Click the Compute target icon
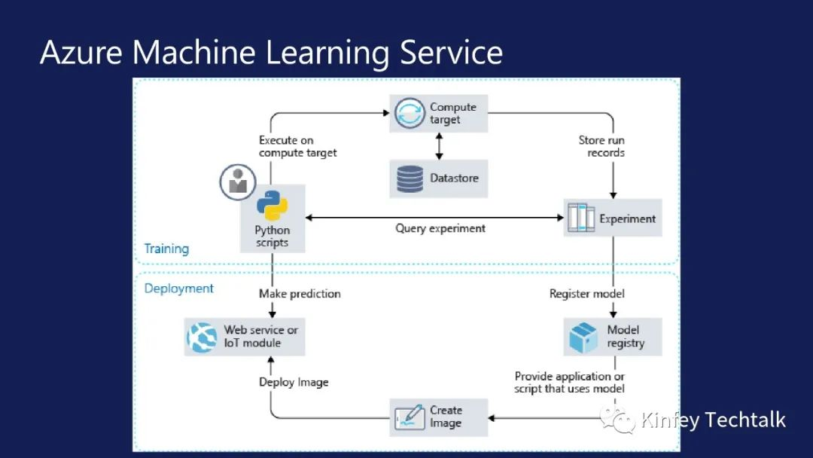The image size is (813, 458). pyautogui.click(x=410, y=113)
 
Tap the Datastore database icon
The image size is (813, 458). pyautogui.click(x=410, y=179)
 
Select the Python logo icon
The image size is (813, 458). pyautogui.click(x=272, y=206)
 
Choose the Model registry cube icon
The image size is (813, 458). pyautogui.click(x=583, y=337)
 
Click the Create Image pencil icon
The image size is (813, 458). pyautogui.click(x=410, y=417)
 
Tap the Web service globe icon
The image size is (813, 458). pyautogui.click(x=202, y=337)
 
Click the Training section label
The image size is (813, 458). pyautogui.click(x=166, y=249)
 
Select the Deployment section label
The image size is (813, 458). pyautogui.click(x=179, y=289)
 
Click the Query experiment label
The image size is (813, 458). pyautogui.click(x=440, y=228)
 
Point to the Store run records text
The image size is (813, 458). pyautogui.click(x=601, y=146)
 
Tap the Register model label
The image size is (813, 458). pyautogui.click(x=587, y=294)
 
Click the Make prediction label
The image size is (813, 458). pyautogui.click(x=300, y=294)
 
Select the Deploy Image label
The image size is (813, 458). pyautogui.click(x=294, y=382)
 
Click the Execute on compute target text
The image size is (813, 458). pyautogui.click(x=297, y=146)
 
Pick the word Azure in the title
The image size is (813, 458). pyautogui.click(x=82, y=53)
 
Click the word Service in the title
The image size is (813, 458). pyautogui.click(x=451, y=53)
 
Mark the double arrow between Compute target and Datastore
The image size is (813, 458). pyautogui.click(x=438, y=146)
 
